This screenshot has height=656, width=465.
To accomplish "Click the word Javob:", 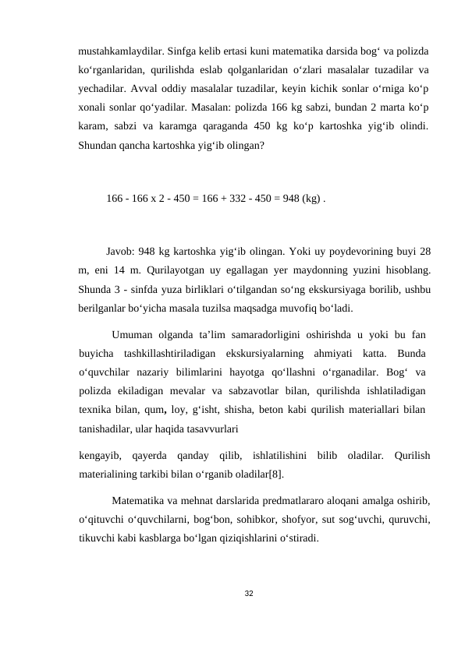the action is [122, 252].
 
